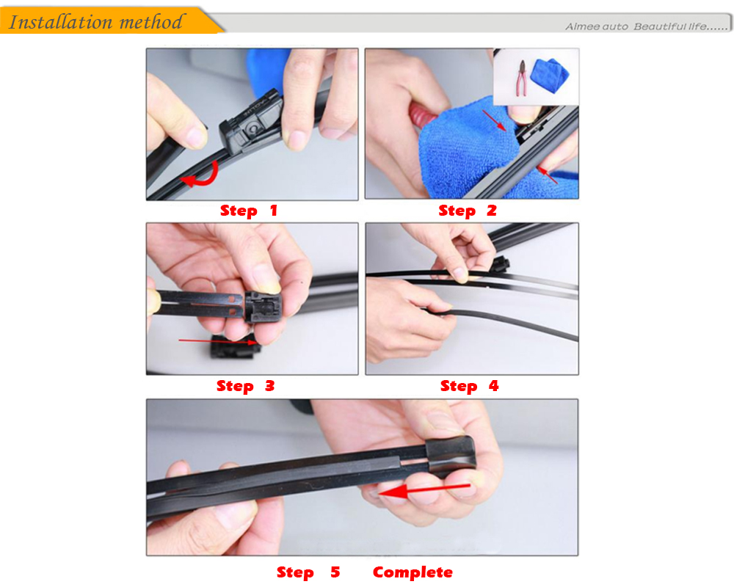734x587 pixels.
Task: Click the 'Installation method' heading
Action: point(95,21)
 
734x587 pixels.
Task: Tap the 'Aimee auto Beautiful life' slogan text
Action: point(646,26)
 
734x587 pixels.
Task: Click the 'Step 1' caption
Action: point(249,211)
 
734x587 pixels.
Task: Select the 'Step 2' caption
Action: point(467,211)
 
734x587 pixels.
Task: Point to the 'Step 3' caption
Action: point(245,386)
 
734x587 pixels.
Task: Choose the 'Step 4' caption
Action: point(469,386)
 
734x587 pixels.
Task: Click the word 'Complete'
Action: point(413,572)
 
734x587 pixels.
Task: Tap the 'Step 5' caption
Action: point(308,572)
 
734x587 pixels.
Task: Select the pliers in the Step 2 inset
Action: point(522,78)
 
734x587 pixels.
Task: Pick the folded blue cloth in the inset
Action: point(550,75)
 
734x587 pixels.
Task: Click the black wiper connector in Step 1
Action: point(250,124)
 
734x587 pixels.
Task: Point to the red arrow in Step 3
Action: point(219,342)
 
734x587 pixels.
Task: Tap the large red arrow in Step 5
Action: point(424,489)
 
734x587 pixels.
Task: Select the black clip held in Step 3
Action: point(263,307)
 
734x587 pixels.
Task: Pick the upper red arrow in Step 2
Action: point(494,120)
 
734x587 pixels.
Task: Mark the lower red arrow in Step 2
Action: point(548,175)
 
